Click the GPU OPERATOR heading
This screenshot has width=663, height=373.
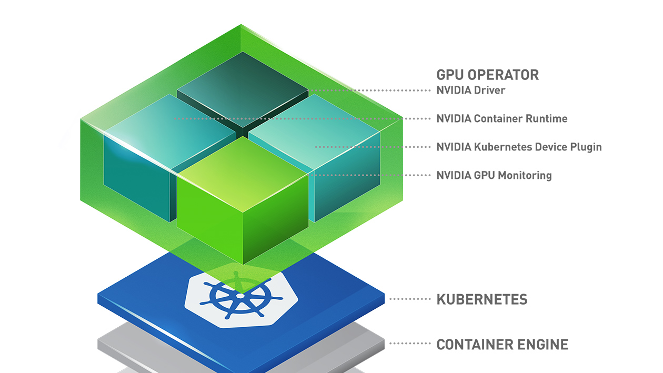[487, 75]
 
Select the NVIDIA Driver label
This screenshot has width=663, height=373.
[470, 90]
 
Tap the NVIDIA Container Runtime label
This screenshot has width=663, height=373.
[501, 119]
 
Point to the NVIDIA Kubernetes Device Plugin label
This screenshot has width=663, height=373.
[519, 147]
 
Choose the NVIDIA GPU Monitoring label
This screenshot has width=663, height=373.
[494, 175]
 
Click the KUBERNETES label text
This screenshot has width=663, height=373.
[481, 300]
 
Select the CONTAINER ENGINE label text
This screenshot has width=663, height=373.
[502, 345]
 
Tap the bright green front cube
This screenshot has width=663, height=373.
[242, 210]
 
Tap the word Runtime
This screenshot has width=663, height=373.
[548, 119]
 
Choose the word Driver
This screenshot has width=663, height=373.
[489, 90]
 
